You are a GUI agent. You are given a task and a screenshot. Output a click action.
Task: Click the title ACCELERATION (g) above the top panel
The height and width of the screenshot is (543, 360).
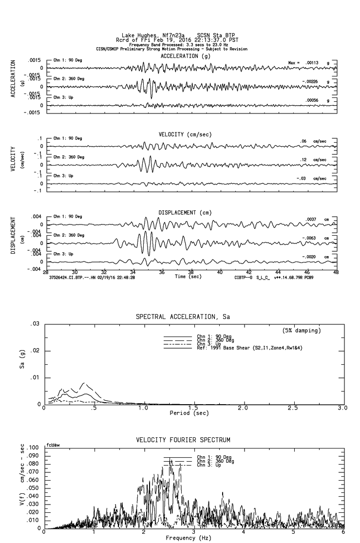tap(186, 56)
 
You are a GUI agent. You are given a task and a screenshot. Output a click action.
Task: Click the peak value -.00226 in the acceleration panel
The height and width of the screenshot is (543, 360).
tap(312, 81)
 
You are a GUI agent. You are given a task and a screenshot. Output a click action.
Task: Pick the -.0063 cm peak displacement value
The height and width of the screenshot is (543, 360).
tap(309, 238)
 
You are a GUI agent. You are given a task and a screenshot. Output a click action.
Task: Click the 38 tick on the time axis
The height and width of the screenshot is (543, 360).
tap(191, 273)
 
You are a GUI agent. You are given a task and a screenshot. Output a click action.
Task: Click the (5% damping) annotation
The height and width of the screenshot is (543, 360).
tap(302, 331)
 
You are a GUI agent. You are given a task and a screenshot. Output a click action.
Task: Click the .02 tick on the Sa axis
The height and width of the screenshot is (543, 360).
tap(35, 351)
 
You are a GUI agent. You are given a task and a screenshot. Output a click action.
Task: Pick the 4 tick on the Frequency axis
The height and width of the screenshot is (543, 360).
tap(244, 532)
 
